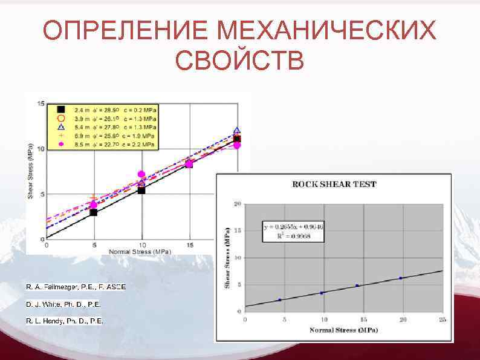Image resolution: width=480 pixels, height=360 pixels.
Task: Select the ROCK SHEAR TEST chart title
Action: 334,184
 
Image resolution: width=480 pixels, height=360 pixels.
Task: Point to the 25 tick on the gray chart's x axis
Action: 443,319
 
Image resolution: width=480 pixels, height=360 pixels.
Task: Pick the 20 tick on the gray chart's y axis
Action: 238,204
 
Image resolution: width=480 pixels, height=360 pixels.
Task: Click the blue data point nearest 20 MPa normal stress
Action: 401,278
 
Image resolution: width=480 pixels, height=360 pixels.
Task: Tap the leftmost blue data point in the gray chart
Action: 279,299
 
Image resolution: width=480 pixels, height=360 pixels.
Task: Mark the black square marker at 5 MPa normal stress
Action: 94,212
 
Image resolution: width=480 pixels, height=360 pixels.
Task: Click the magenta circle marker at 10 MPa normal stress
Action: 141,174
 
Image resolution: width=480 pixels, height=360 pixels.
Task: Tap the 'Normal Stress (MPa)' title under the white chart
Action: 139,250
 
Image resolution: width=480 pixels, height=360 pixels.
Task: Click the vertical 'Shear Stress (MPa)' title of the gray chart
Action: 228,257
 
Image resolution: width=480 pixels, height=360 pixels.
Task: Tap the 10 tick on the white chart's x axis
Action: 142,244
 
